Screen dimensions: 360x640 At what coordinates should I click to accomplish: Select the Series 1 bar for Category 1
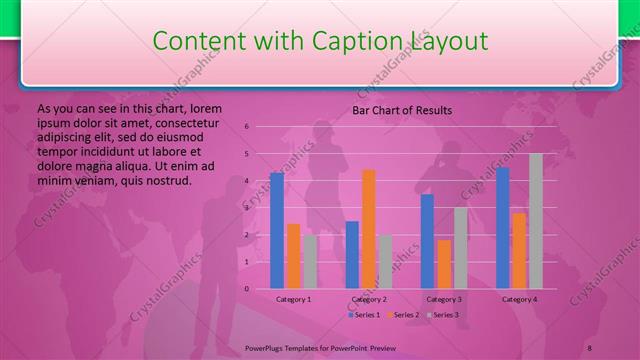277,230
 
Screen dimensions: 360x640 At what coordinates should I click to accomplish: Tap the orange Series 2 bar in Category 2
369,229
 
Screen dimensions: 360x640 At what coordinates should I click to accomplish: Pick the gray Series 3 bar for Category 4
536,221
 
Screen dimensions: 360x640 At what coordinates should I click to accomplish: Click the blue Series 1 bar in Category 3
427,241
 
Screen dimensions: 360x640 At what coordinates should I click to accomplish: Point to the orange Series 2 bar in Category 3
444,264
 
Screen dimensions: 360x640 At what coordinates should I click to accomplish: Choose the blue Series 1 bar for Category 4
503,228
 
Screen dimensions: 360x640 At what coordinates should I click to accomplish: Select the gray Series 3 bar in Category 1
310,261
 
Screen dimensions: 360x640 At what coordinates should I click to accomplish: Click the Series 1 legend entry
364,315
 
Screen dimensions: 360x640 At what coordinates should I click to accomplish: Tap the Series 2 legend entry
403,315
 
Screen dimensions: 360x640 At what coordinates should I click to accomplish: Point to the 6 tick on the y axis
246,127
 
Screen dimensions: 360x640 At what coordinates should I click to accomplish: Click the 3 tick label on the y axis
246,208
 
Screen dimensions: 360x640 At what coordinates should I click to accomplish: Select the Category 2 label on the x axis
369,299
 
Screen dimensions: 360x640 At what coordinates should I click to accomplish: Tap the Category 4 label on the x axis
519,299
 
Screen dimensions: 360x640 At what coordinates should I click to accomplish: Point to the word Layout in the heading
446,41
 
